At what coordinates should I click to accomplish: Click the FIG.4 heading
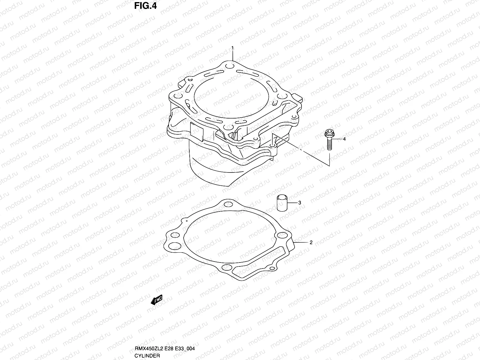145,6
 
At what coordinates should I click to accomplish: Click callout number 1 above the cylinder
232,48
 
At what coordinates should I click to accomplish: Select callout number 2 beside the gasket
311,242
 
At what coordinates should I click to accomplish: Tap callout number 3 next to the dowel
299,203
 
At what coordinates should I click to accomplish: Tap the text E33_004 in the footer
187,349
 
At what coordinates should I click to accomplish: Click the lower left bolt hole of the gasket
172,246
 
